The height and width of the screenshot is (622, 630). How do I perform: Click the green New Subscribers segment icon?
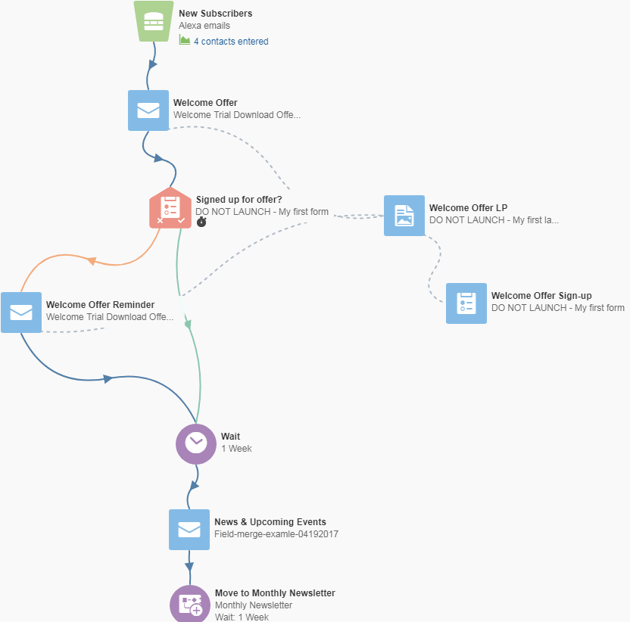[x=154, y=21]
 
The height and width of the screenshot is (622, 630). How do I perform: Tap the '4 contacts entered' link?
[x=231, y=42]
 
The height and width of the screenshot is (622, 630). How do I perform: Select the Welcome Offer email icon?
[x=148, y=110]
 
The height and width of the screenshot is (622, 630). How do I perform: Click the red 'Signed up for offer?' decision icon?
[x=170, y=208]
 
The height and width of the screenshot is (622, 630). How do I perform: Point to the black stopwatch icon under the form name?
[x=201, y=222]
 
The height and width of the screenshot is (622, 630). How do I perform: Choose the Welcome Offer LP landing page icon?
[x=404, y=216]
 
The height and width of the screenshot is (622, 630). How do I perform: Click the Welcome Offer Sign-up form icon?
[x=466, y=303]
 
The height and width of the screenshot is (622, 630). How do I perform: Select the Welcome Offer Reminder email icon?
[x=21, y=313]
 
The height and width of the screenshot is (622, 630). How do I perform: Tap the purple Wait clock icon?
[x=196, y=444]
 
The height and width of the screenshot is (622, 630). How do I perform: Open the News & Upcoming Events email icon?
[x=189, y=530]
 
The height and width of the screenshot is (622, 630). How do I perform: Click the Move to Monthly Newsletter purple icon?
[x=190, y=604]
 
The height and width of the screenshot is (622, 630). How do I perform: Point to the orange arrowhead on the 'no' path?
[x=92, y=261]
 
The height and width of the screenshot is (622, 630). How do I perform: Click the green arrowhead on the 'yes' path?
[x=188, y=325]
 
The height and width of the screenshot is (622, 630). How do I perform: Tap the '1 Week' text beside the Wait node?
[x=237, y=449]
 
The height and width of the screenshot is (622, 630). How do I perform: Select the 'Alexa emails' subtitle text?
[x=204, y=26]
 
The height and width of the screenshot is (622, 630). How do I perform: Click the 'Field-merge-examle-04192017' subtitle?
[x=276, y=534]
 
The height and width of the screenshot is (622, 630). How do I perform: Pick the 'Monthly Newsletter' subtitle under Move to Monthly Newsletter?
[x=254, y=605]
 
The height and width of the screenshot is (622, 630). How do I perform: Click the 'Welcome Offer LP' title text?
[x=468, y=208]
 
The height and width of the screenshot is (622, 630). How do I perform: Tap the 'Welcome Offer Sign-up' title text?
[x=541, y=296]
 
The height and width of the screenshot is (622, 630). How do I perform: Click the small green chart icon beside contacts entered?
[x=185, y=40]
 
